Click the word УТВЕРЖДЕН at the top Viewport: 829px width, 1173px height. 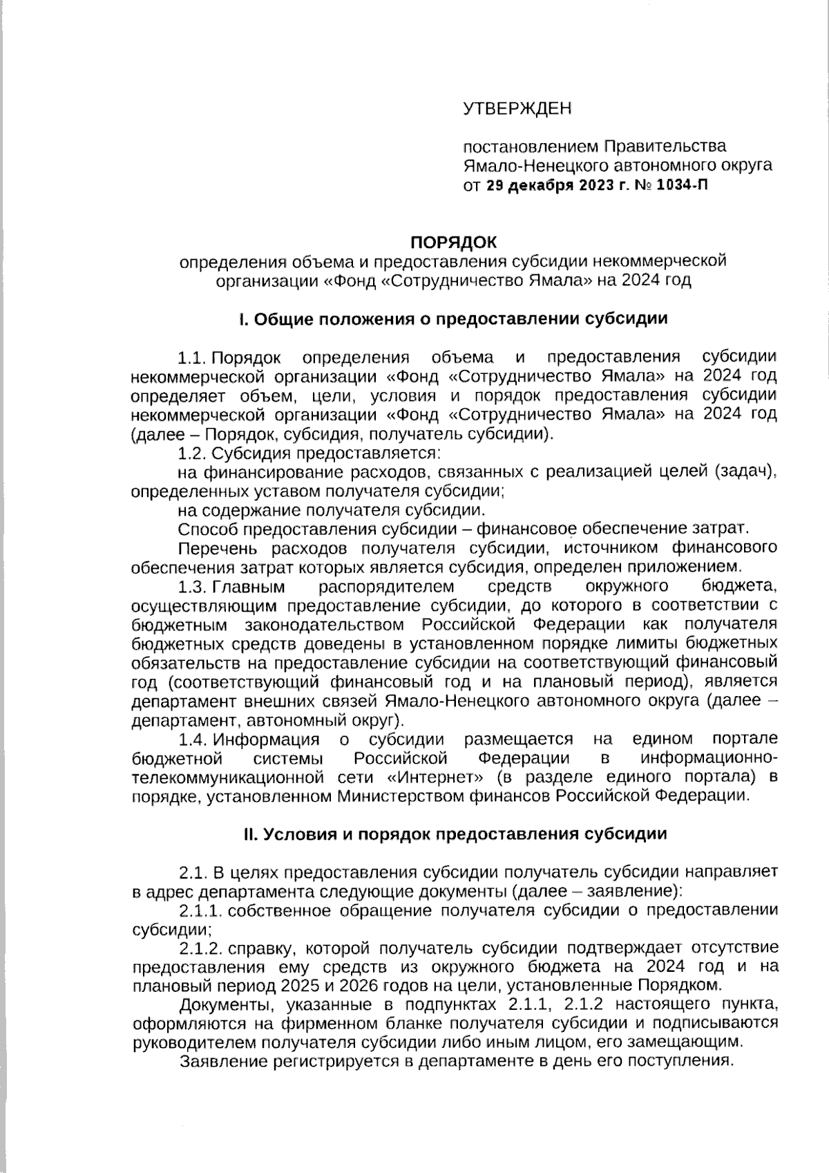517,109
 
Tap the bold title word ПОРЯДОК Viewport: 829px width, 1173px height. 453,242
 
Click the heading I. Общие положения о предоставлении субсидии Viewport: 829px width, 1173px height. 452,319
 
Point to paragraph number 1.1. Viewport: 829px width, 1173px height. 192,357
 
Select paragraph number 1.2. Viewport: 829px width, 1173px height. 192,453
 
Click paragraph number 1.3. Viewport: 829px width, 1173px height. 192,588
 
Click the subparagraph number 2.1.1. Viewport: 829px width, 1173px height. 200,910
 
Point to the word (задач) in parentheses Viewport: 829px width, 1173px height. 745,472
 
